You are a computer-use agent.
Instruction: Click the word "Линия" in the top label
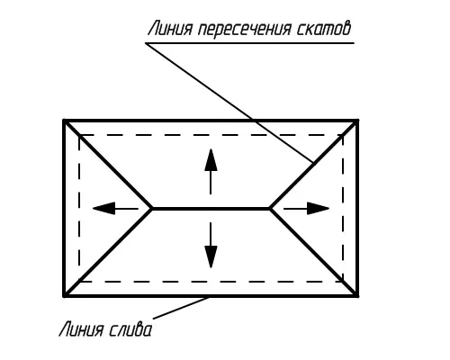tap(170, 29)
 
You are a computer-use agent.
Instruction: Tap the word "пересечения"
tap(245, 30)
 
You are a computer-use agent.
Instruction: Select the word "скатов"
tap(324, 29)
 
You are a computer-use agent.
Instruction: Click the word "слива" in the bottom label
tap(130, 329)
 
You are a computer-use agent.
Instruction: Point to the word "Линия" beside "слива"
tap(81, 329)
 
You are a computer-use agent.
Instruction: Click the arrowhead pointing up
tap(211, 159)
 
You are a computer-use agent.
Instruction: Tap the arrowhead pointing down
tap(211, 256)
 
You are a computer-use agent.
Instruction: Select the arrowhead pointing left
tap(103, 208)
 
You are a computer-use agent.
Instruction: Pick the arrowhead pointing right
tap(319, 208)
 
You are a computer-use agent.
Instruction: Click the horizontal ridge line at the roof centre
tap(211, 208)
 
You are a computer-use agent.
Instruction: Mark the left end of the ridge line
tap(152, 208)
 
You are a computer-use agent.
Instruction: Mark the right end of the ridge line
tap(270, 208)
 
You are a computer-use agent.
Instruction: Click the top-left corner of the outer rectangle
tap(64, 121)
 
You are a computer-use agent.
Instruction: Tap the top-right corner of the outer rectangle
tap(357, 121)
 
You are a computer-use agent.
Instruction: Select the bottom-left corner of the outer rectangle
tap(64, 296)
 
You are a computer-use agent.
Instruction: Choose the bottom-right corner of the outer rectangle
tap(357, 296)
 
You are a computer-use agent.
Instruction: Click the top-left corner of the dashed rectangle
tap(79, 135)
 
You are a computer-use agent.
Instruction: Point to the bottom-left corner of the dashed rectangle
tap(79, 282)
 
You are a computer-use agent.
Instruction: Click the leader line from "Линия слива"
tap(181, 308)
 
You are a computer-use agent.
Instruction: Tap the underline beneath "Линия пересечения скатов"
tap(250, 43)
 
